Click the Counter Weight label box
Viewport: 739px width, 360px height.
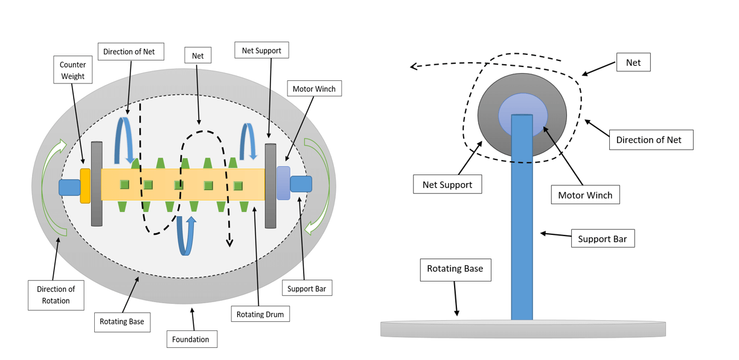pyautogui.click(x=72, y=70)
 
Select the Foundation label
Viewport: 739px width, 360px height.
pyautogui.click(x=191, y=339)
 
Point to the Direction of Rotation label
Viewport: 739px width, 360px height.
pyautogui.click(x=56, y=295)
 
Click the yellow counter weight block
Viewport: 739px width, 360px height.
pyautogui.click(x=85, y=186)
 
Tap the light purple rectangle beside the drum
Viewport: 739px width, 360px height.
pyautogui.click(x=283, y=184)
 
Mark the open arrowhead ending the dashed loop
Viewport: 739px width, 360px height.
pyautogui.click(x=415, y=66)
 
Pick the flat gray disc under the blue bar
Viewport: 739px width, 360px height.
pyautogui.click(x=523, y=329)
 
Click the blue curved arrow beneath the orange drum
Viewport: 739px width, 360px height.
pyautogui.click(x=186, y=236)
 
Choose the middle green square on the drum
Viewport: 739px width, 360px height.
pyautogui.click(x=179, y=185)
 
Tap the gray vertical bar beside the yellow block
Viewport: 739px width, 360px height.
pyautogui.click(x=97, y=184)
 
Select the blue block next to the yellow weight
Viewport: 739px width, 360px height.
pyautogui.click(x=69, y=187)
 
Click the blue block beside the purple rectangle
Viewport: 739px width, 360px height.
pyautogui.click(x=301, y=184)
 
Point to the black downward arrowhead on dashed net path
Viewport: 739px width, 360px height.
pyautogui.click(x=229, y=243)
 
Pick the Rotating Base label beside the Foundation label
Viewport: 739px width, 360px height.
pyautogui.click(x=122, y=321)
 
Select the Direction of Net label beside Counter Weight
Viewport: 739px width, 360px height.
pyautogui.click(x=129, y=52)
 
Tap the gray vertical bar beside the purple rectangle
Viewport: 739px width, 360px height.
pyautogui.click(x=270, y=186)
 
